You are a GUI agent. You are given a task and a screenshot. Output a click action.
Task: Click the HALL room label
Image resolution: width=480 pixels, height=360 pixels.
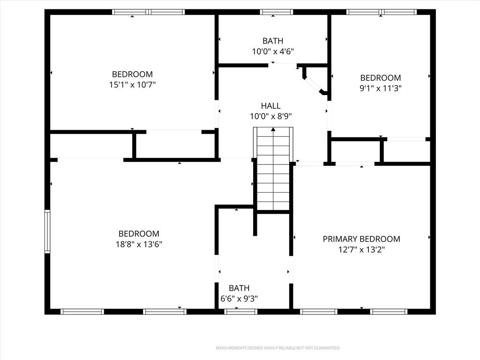point(270,106)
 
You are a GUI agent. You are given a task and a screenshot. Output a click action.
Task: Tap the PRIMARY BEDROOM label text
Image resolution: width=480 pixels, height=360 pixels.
point(361,239)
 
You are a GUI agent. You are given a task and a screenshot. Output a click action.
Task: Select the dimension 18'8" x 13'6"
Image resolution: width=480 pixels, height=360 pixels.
point(139,244)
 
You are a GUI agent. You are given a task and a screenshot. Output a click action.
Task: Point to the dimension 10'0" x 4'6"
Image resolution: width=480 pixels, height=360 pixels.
point(273,52)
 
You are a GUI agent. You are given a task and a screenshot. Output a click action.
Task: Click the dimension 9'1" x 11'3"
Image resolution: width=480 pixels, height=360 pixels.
point(381,89)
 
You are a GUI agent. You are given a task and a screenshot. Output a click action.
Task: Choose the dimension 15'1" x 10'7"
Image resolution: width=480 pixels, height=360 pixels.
point(132,85)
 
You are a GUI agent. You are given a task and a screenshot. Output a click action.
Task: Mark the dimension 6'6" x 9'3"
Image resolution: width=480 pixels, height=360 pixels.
point(239,299)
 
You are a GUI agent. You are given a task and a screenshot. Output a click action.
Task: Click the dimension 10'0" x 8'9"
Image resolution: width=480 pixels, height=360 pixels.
point(270,116)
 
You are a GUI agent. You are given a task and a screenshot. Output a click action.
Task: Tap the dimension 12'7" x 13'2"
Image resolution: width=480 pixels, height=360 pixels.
point(361,249)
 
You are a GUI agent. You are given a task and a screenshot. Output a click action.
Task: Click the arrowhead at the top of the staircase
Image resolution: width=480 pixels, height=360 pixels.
point(273,129)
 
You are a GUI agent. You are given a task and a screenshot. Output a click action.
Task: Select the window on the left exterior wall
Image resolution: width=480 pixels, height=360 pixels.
point(47,232)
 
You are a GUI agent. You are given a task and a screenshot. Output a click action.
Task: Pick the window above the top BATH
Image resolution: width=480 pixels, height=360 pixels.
point(277,12)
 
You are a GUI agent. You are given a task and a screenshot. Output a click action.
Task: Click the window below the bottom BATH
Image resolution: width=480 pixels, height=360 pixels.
point(240,312)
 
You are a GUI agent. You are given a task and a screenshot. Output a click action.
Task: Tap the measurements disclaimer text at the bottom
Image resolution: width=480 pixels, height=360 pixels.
point(278,348)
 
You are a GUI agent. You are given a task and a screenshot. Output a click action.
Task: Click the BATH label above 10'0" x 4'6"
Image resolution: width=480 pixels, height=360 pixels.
point(273,41)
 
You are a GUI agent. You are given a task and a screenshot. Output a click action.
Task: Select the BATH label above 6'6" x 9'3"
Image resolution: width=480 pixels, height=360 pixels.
point(239,288)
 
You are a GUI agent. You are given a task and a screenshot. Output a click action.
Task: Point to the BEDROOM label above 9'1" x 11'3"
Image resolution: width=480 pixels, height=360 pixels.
point(381,78)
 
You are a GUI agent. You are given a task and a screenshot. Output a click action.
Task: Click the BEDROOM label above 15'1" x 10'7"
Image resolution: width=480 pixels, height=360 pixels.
point(132,75)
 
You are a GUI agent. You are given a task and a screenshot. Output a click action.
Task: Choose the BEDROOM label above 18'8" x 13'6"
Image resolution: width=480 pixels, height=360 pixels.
point(139,234)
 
